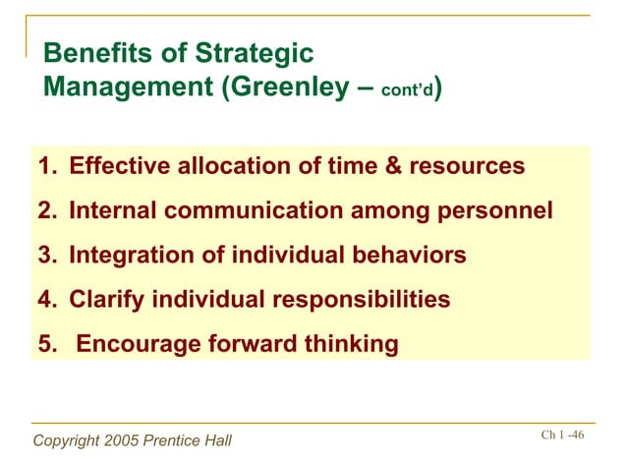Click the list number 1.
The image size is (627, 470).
coord(44,166)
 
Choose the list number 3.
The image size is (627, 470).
coord(44,256)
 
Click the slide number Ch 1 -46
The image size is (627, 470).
coord(562,436)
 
